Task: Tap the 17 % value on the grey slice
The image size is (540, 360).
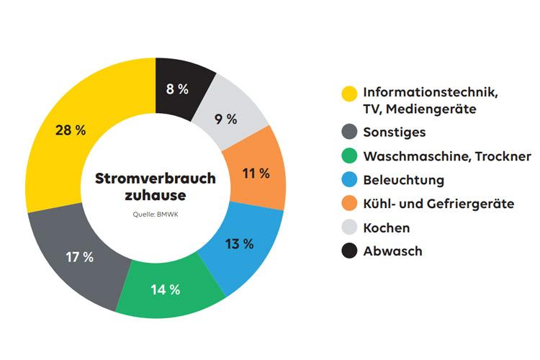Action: tap(79, 257)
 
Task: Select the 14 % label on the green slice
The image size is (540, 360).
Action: tap(165, 289)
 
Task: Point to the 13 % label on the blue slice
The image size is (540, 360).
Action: tap(239, 243)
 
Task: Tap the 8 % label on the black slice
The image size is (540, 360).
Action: tap(177, 89)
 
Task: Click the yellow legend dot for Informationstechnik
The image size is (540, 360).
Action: tap(349, 94)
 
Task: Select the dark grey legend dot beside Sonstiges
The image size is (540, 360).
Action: tap(349, 132)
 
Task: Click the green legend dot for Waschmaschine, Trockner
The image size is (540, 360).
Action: tap(349, 156)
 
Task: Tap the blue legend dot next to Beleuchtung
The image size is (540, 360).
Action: tap(349, 179)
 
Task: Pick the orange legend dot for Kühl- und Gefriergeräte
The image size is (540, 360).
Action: tap(349, 204)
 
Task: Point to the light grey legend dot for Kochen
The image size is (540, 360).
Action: tap(349, 228)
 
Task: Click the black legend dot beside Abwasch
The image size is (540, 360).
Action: tap(349, 251)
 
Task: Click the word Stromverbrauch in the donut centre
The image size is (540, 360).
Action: tap(155, 178)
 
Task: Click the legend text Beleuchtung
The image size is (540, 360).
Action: tap(403, 179)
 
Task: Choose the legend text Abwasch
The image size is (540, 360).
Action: tap(392, 251)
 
